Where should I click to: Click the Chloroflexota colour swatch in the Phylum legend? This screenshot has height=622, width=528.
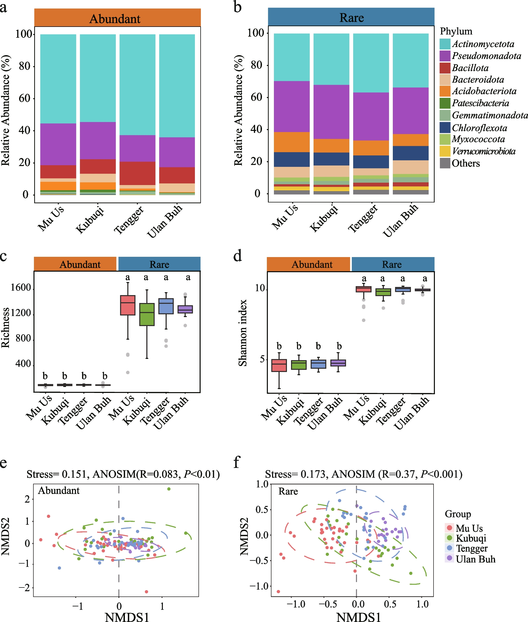click(445, 127)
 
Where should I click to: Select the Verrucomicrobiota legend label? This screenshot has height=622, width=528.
click(483, 151)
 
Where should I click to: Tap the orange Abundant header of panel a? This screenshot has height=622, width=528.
click(117, 18)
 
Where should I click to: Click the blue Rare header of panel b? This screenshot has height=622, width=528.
click(351, 17)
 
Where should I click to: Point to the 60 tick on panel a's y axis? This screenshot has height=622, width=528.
click(24, 98)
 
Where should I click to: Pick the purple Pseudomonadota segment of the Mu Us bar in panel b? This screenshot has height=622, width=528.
click(292, 106)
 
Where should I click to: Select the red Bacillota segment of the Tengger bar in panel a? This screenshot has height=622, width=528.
click(137, 173)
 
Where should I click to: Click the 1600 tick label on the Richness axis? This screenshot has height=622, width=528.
click(21, 287)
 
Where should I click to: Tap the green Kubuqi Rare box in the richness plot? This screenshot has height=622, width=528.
click(147, 314)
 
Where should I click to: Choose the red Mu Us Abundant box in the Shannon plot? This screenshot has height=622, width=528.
click(279, 365)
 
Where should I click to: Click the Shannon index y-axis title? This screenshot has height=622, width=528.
click(243, 333)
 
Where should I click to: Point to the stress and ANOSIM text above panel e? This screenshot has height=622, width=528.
click(123, 474)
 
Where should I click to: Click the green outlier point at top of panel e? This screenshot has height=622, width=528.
click(169, 489)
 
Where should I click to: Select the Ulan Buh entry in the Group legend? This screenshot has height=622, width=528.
click(475, 559)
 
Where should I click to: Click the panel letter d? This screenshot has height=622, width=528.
click(238, 256)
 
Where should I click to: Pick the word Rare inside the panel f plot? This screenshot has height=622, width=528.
click(288, 491)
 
